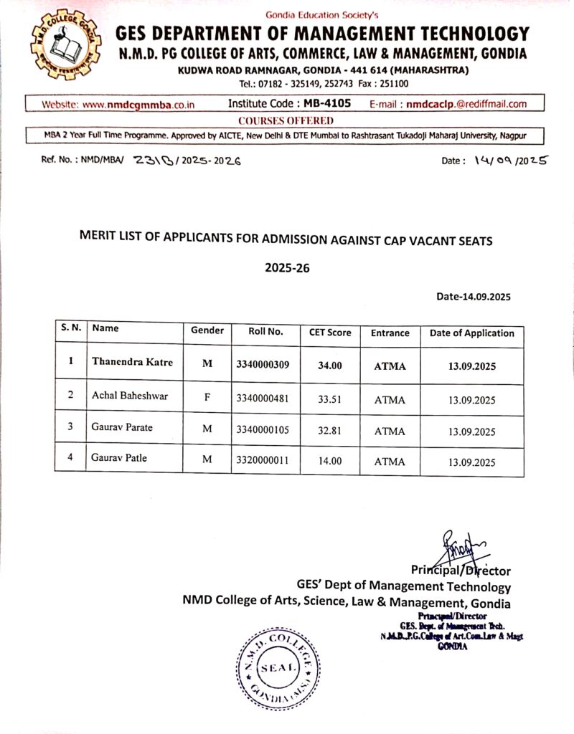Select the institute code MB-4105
click(x=327, y=103)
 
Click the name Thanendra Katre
click(x=132, y=362)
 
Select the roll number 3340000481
click(x=262, y=398)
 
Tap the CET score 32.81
click(x=330, y=431)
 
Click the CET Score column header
click(x=330, y=333)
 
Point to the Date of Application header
click(x=471, y=333)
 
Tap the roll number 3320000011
click(x=262, y=461)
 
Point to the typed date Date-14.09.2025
click(x=473, y=296)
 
